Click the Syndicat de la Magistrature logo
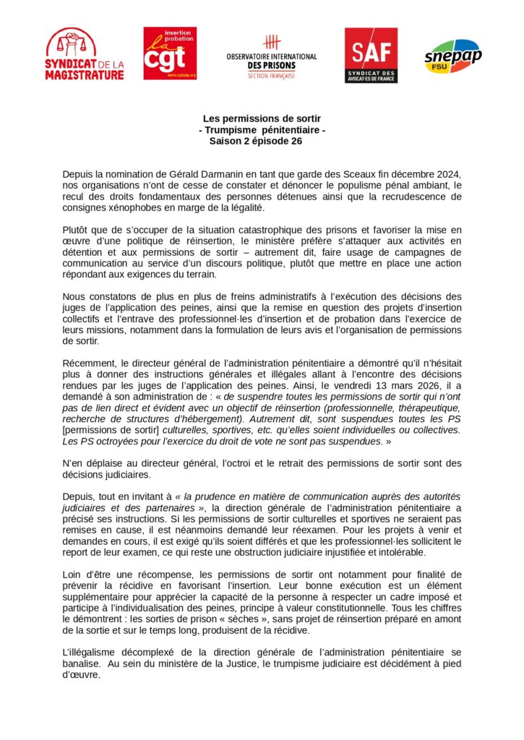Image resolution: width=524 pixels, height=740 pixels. (84, 54)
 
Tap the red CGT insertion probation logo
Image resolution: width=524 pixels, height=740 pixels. (170, 53)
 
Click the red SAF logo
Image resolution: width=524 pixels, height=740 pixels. (370, 55)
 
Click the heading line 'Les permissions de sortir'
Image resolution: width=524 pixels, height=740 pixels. (262, 118)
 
